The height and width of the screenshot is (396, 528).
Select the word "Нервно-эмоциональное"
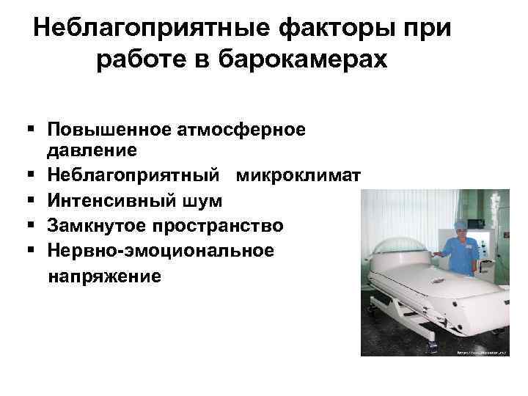click(161, 250)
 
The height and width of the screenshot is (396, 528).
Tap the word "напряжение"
click(103, 276)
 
